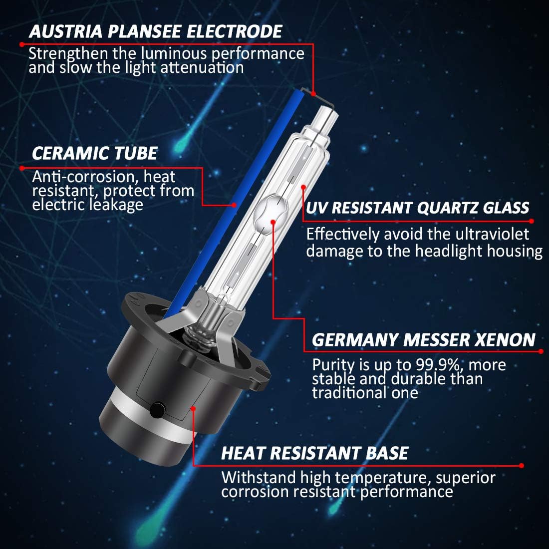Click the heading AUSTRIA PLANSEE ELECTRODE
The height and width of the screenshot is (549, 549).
155,31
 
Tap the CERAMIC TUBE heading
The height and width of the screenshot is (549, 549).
94,153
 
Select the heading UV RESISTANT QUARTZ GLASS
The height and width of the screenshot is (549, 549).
417,208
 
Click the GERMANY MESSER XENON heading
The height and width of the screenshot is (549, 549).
423,339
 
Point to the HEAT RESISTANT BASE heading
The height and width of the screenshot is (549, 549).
315,453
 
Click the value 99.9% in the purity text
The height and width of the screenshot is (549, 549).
438,365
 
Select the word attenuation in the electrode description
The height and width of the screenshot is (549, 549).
202,67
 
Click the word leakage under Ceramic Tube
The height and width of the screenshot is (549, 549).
116,205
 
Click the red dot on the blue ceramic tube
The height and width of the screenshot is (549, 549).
234,205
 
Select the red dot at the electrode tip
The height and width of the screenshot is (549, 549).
313,94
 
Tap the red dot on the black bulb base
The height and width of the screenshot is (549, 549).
193,408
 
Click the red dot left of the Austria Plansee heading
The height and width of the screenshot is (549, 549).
22,44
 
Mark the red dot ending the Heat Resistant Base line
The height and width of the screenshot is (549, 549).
522,466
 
